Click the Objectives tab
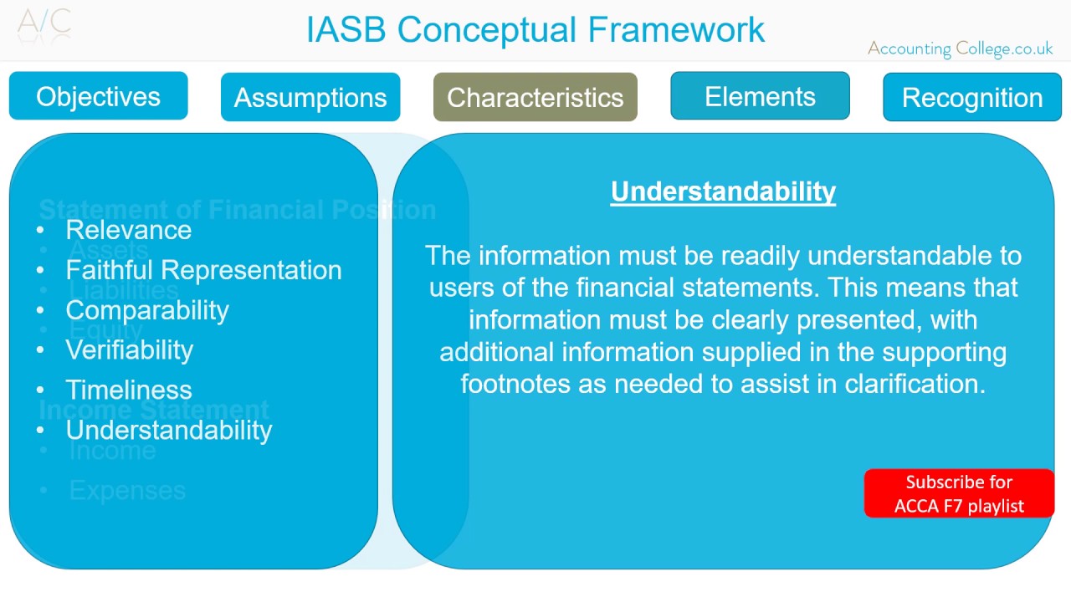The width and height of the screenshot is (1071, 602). (x=98, y=96)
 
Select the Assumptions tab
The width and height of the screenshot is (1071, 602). (x=310, y=97)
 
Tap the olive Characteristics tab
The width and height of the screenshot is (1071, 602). (x=535, y=97)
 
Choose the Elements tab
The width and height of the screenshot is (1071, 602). (x=760, y=96)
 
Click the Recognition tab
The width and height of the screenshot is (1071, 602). (x=972, y=97)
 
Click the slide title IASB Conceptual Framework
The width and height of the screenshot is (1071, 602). (x=535, y=29)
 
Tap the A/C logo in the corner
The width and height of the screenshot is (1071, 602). (x=44, y=23)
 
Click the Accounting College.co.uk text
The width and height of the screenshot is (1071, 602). (x=960, y=48)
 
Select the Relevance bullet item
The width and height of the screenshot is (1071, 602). (x=128, y=230)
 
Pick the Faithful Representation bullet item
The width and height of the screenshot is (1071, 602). (x=203, y=270)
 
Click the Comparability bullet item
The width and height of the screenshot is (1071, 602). (x=147, y=310)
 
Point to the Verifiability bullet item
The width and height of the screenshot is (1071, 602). (x=129, y=349)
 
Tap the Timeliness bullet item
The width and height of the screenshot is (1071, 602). (x=129, y=390)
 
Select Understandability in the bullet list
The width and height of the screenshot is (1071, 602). (x=169, y=430)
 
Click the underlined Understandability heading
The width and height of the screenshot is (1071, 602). (x=723, y=191)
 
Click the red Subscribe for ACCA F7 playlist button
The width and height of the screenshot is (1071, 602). (x=959, y=493)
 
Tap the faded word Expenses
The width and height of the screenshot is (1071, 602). (x=127, y=490)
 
